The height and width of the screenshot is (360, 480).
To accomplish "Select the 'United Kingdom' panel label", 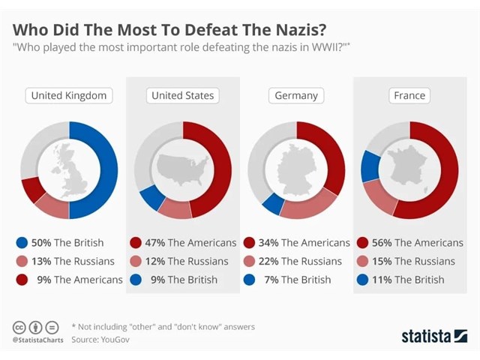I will click(69, 96).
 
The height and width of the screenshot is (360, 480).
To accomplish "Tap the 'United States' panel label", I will click(183, 96).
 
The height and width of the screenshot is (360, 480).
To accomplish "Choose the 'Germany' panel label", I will click(296, 96).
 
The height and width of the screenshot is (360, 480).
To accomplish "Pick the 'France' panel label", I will click(409, 96).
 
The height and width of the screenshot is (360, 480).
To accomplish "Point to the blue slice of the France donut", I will click(369, 166).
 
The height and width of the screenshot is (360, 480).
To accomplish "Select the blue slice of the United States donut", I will click(153, 197).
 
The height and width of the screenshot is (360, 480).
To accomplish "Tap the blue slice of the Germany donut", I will click(274, 204).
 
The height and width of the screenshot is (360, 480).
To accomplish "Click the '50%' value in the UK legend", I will click(41, 243).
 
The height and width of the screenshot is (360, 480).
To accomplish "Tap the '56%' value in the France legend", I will click(381, 243).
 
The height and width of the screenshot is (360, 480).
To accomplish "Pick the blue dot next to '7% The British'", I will click(250, 280).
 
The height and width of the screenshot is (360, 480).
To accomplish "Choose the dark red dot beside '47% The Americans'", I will click(136, 243).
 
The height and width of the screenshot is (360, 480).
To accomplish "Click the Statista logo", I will click(433, 334).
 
